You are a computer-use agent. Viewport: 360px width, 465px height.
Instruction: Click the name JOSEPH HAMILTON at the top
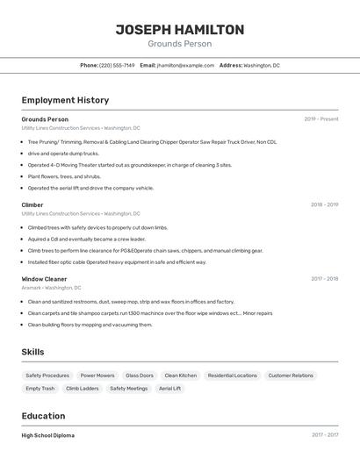click(179, 29)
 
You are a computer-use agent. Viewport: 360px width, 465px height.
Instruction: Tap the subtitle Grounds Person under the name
click(179, 44)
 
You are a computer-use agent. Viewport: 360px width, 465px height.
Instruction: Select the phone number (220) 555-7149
click(117, 65)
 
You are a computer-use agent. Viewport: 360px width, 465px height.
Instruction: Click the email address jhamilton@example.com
click(185, 65)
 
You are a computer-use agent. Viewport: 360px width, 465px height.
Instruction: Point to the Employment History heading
click(65, 100)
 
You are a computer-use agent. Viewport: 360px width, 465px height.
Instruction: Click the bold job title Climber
click(32, 204)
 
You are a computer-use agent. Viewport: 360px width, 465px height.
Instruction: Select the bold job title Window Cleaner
click(44, 279)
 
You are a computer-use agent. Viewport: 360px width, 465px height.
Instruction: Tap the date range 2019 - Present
click(321, 119)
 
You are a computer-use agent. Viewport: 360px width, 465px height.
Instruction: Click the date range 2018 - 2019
click(324, 204)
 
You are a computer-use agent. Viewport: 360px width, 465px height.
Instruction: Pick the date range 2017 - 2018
click(324, 279)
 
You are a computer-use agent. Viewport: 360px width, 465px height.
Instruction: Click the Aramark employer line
click(51, 288)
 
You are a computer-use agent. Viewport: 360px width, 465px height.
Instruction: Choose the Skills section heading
click(32, 352)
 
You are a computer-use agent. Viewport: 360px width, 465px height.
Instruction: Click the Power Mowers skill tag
click(97, 376)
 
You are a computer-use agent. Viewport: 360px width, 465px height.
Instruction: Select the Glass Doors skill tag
click(139, 376)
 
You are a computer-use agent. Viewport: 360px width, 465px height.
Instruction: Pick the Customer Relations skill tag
click(291, 376)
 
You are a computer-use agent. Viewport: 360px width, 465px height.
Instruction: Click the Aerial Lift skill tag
click(169, 388)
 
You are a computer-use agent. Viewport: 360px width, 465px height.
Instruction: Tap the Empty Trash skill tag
click(40, 388)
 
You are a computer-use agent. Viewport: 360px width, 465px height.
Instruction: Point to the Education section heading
click(43, 416)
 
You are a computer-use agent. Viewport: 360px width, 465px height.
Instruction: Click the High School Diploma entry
click(48, 435)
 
